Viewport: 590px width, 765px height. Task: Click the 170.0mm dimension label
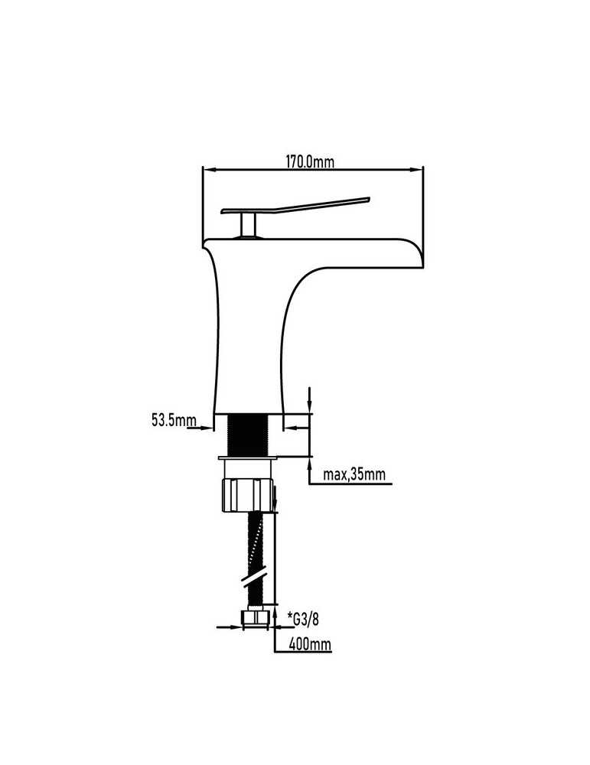[x=310, y=161]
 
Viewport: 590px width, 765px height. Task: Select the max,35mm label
[x=354, y=474]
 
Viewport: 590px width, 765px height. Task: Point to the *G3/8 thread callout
[x=305, y=620]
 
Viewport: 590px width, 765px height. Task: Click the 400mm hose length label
[x=310, y=644]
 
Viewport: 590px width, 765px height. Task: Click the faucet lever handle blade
[x=295, y=205]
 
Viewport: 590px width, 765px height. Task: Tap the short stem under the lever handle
[x=249, y=225]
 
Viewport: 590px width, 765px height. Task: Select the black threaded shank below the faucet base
[x=248, y=435]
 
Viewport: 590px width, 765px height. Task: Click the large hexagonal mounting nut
[x=247, y=495]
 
